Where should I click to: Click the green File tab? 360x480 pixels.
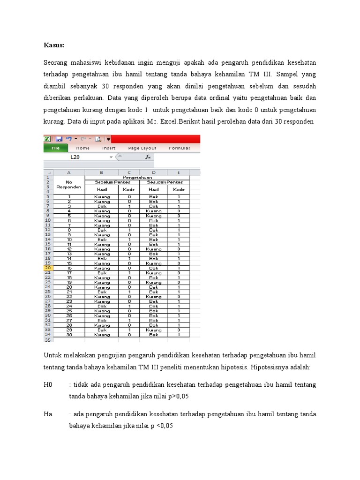55,148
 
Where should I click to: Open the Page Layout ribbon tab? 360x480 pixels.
142,148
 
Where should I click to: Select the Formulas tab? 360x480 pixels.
180,148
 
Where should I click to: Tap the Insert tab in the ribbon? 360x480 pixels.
109,148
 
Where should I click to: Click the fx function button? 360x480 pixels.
148,157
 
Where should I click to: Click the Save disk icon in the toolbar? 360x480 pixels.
59,139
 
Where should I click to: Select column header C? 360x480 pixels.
129,172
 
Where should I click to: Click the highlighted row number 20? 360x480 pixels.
48,268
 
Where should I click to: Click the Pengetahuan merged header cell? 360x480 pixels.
137,178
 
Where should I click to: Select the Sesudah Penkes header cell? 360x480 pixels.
165,182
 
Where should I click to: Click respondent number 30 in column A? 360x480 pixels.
69,335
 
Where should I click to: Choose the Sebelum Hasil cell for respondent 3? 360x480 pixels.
102,206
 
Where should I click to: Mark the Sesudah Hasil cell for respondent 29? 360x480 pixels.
154,330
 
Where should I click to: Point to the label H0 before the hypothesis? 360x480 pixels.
48,385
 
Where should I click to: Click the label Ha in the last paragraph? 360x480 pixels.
48,414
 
